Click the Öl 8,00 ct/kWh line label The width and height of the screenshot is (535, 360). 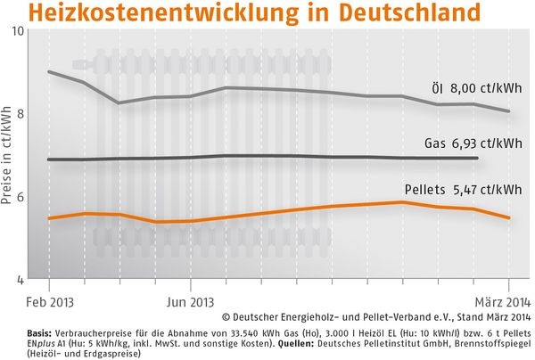[x=471, y=87]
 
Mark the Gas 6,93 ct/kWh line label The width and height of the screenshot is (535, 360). [x=473, y=143]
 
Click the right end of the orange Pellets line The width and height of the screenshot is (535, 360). [x=508, y=217]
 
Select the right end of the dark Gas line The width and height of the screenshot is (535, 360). [x=478, y=158]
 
